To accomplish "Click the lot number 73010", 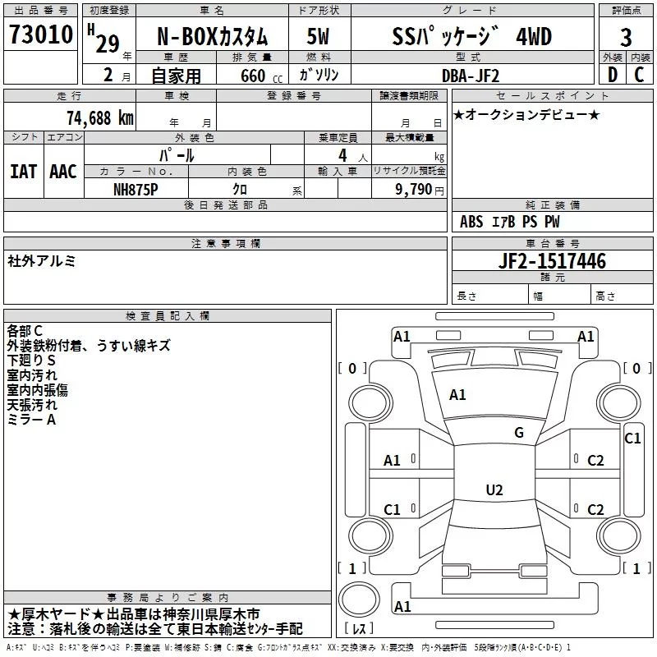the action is click(41, 36).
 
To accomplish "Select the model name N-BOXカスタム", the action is click(212, 36).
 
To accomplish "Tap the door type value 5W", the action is click(318, 36).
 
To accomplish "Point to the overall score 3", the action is click(627, 37).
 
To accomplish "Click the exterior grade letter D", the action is click(612, 75).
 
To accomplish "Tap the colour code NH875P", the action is click(136, 189).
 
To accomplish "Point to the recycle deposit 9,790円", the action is click(419, 189).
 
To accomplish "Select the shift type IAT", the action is click(23, 172).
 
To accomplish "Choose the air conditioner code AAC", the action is click(63, 172).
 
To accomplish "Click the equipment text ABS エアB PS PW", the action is click(510, 222).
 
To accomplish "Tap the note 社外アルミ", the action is click(42, 260).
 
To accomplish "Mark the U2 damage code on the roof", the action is click(494, 490).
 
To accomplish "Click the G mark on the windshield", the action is click(518, 433).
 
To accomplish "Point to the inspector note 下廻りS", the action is click(31, 361).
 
